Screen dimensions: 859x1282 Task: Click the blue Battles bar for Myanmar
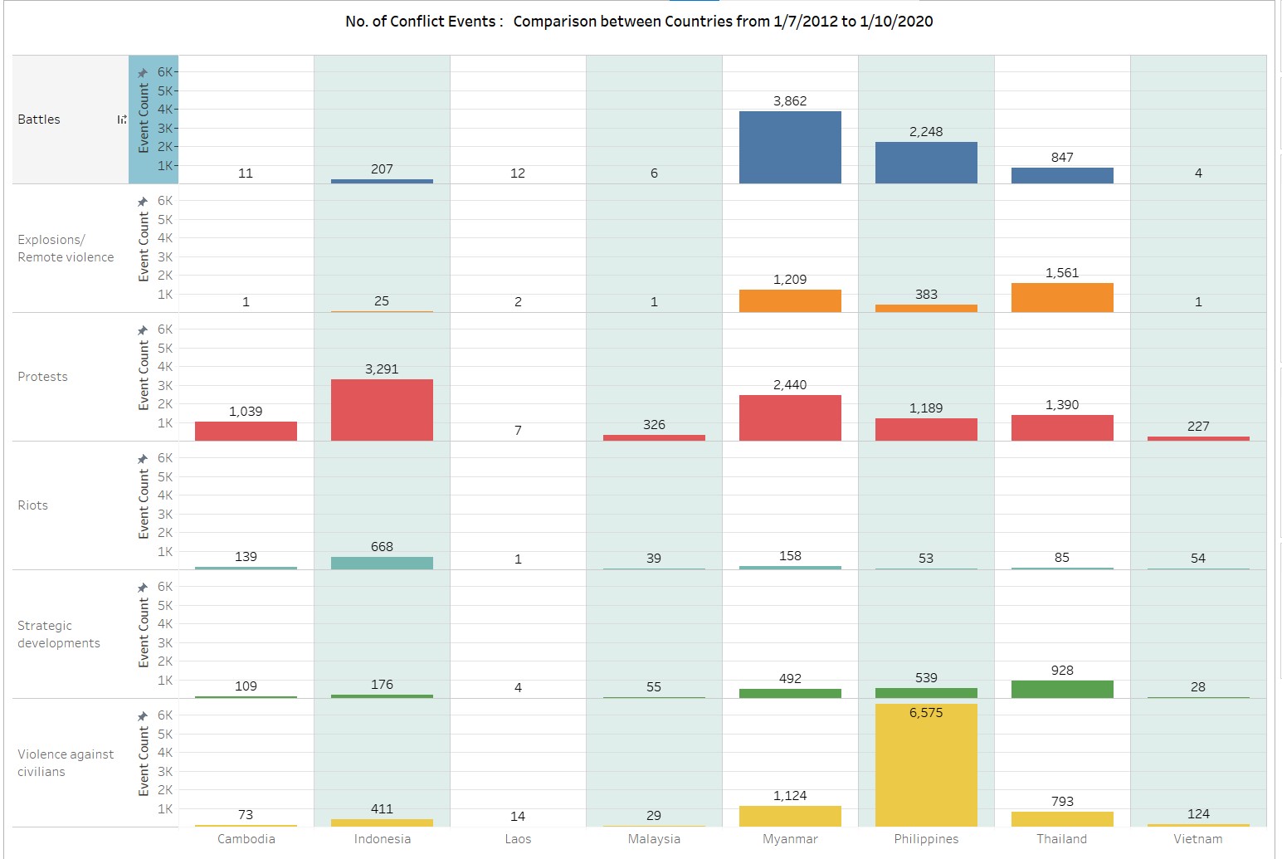tap(790, 147)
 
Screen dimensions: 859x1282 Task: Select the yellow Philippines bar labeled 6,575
tap(926, 768)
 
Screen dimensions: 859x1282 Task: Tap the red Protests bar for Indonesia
tap(382, 410)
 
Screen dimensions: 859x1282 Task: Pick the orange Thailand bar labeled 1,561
tap(1062, 298)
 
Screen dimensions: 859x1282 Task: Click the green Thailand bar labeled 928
tap(1062, 689)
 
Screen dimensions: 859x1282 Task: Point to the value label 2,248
tap(926, 132)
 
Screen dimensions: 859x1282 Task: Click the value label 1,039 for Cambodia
tap(246, 412)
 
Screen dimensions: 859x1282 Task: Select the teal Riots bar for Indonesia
tap(382, 563)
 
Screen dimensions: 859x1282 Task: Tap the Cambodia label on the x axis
tap(246, 839)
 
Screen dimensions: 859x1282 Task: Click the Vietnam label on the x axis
tap(1197, 839)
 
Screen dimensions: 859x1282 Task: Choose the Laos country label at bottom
tap(518, 839)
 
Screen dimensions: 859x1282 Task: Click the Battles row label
tap(39, 120)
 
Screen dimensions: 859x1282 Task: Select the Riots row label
tap(33, 505)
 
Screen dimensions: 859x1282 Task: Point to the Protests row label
tap(42, 377)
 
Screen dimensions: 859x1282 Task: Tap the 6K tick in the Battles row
tap(166, 72)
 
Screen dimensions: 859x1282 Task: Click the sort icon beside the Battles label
tap(122, 120)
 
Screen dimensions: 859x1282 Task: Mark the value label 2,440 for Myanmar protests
tap(790, 385)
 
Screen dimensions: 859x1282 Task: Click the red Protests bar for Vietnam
tap(1198, 438)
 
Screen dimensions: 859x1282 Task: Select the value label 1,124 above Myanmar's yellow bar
tap(790, 796)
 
